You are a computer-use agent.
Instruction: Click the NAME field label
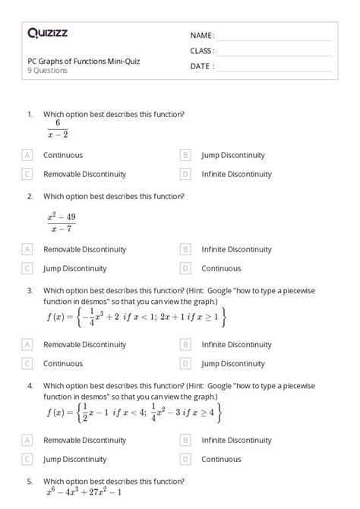[x=202, y=36]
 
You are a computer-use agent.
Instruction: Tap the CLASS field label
[x=202, y=51]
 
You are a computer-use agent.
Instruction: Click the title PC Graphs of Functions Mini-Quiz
[x=84, y=61]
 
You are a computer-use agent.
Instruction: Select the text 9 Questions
[x=47, y=71]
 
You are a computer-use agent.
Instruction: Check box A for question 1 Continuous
[x=28, y=155]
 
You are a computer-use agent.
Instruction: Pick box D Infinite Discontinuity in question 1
[x=185, y=174]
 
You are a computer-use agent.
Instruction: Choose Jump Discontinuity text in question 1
[x=232, y=155]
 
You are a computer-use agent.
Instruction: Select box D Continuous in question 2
[x=185, y=268]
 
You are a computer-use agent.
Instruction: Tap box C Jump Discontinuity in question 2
[x=28, y=268]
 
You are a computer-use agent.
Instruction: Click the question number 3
[x=30, y=290]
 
